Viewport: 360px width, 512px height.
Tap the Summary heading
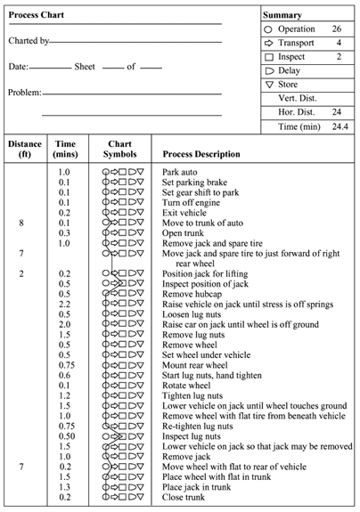(283, 15)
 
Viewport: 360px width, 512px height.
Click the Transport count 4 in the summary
(339, 42)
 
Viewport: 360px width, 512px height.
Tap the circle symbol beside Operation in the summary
(270, 29)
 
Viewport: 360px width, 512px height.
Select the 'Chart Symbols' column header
(119, 148)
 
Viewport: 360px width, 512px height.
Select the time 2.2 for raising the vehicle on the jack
(65, 305)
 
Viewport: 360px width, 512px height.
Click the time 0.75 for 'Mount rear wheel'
(65, 376)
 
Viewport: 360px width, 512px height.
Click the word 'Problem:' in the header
(24, 93)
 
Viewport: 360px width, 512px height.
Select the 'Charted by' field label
(29, 41)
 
